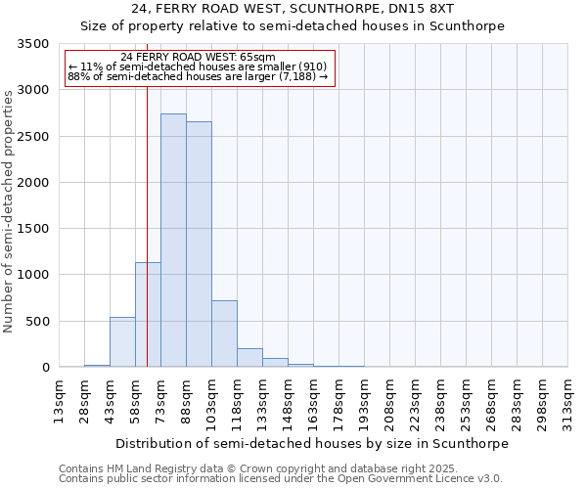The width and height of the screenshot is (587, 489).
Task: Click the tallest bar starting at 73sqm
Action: [173, 241]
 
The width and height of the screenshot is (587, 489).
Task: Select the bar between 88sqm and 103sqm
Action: [199, 244]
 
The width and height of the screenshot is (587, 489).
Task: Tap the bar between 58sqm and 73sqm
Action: [148, 315]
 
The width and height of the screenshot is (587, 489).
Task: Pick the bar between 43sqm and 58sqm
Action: [122, 342]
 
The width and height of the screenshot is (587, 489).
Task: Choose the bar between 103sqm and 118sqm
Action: [224, 333]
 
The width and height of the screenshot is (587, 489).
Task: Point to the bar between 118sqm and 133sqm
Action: [249, 358]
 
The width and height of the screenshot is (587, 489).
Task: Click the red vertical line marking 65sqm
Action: [147, 196]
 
